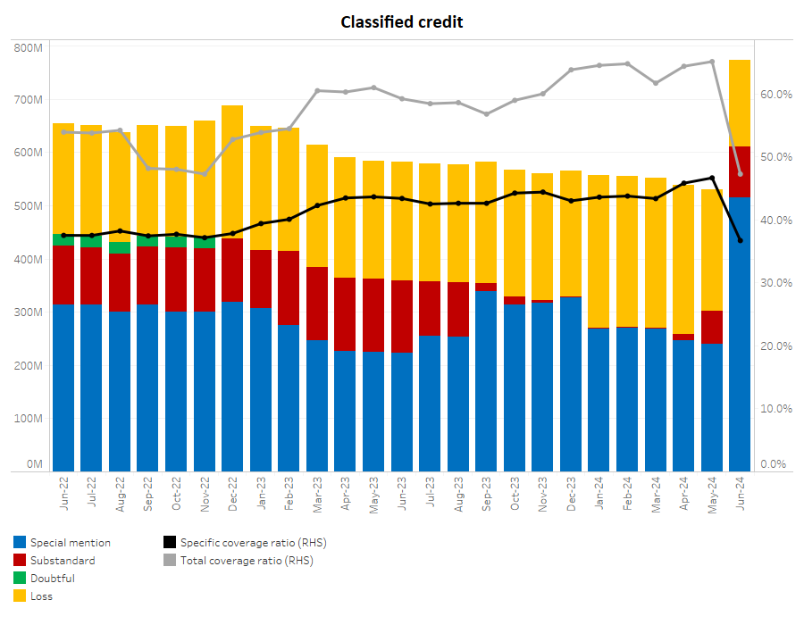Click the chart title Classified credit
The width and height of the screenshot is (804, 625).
point(402,21)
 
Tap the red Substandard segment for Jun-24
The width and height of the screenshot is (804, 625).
point(740,172)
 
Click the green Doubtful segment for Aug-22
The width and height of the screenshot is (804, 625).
point(120,247)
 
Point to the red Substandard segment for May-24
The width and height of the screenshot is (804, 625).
point(712,327)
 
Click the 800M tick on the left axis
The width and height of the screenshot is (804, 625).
point(29,47)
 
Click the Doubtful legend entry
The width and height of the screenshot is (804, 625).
point(53,578)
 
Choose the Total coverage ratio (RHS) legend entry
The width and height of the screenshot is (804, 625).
point(247,561)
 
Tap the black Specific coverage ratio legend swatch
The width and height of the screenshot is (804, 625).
point(170,542)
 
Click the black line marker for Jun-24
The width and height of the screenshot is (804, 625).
point(740,240)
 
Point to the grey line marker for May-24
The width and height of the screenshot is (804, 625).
point(712,62)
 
